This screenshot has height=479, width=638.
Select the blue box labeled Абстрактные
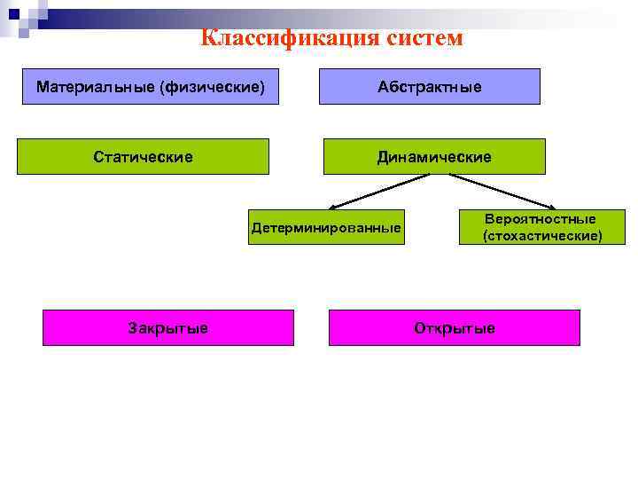430,87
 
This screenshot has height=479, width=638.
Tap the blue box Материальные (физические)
151,87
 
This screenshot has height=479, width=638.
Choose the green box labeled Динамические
434,156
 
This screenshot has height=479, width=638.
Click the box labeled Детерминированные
326,228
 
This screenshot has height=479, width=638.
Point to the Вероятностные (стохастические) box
541,227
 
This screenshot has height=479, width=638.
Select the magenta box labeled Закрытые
168,327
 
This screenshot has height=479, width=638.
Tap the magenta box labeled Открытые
455,327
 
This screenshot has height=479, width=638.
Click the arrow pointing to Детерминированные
372,191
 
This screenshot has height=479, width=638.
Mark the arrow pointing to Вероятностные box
505,191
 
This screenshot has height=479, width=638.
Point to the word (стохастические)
541,236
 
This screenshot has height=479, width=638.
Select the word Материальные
91,87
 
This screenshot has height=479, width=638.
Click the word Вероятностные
541,218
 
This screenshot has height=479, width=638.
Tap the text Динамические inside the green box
434,157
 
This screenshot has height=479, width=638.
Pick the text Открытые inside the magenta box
455,328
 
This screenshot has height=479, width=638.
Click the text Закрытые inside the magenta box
168,328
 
